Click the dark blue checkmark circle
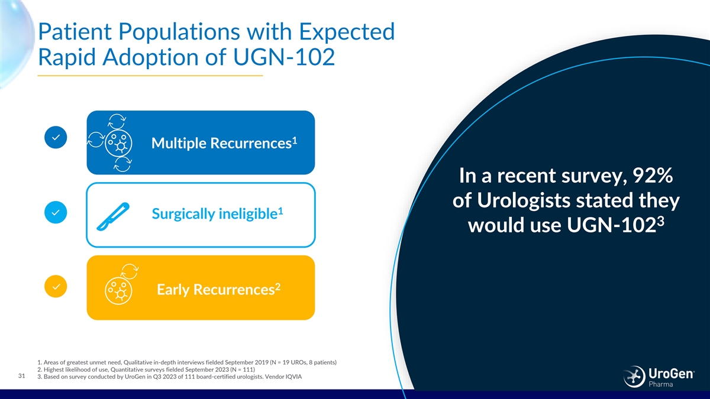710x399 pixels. click(x=56, y=137)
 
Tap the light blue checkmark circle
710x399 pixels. click(x=56, y=212)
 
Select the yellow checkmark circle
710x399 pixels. click(x=56, y=287)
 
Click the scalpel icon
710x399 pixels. click(x=113, y=216)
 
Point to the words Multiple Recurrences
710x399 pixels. click(x=221, y=143)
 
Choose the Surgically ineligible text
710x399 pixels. click(x=215, y=214)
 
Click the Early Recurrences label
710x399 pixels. click(x=215, y=290)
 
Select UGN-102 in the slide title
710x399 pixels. click(x=284, y=57)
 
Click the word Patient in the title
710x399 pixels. click(x=75, y=32)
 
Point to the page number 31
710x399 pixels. click(x=21, y=376)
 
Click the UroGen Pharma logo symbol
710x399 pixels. click(x=634, y=376)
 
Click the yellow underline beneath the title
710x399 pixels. click(x=150, y=76)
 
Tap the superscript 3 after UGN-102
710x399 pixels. click(x=660, y=220)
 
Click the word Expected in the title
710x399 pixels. click(x=347, y=32)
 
